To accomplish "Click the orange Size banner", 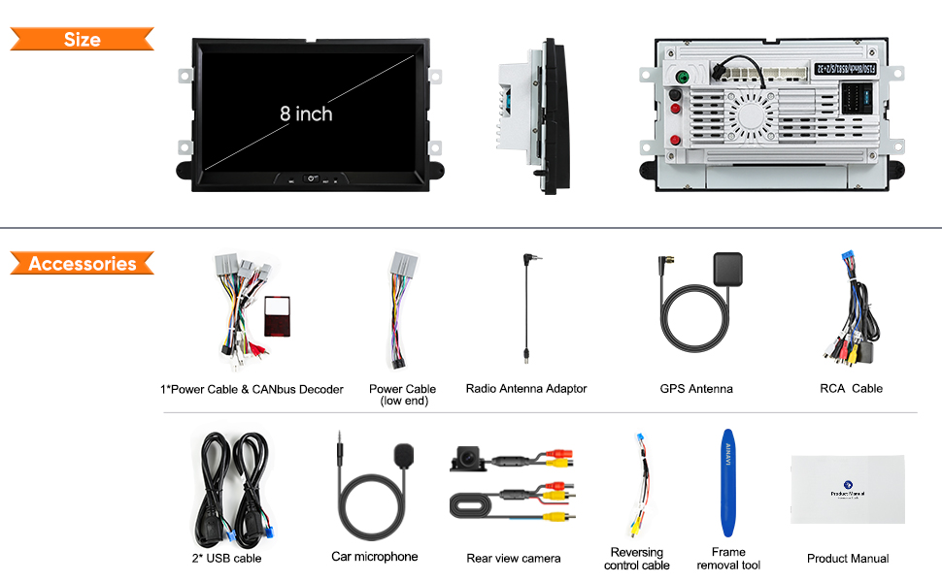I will point(82,40).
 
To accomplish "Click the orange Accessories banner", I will point(82,264).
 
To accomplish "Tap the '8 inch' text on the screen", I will point(306,113).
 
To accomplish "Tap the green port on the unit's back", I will point(682,77).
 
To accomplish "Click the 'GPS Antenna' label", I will point(696,389).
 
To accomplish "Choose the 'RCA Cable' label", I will point(851,388).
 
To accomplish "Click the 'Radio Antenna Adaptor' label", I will point(526,389).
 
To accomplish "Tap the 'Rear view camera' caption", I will point(514,558).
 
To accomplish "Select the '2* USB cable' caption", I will point(226,558).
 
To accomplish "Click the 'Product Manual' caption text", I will point(848,559).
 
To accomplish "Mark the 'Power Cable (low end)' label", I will point(403,395).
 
